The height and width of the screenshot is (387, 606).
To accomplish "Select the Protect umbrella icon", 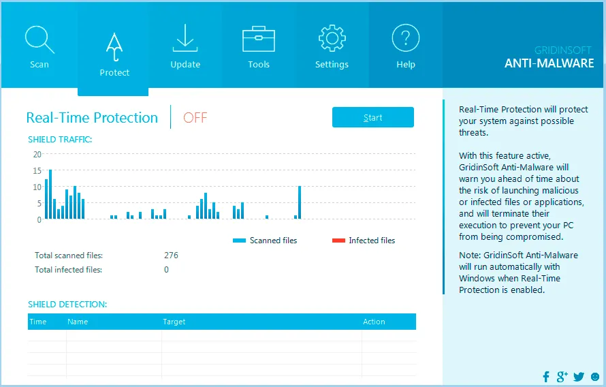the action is (114, 47).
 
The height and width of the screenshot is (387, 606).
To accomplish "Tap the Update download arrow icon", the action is (185, 38).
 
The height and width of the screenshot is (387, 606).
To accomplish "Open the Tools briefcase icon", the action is (259, 39).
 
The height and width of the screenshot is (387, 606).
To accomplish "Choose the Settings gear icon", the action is (332, 38).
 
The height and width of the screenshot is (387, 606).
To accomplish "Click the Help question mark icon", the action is (405, 37).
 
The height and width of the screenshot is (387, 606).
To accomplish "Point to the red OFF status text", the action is (195, 117).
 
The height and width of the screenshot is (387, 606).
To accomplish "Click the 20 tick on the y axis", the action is (37, 154).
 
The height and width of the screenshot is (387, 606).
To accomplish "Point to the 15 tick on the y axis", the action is (37, 170).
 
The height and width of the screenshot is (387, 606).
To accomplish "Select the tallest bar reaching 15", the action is (50, 194).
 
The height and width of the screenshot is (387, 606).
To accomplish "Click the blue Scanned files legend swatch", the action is (239, 241).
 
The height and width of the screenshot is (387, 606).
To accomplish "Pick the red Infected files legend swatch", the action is (338, 241).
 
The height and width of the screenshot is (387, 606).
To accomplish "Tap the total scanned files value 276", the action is (171, 256).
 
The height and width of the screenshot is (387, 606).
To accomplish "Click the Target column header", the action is (174, 322).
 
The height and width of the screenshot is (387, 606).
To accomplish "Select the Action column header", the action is (374, 322).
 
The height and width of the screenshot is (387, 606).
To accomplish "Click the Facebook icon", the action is (546, 377).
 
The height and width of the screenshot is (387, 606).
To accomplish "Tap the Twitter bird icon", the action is (579, 377).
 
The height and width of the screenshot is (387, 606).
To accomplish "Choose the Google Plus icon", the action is (562, 377).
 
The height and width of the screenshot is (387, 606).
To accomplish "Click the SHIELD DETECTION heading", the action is (67, 305).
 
